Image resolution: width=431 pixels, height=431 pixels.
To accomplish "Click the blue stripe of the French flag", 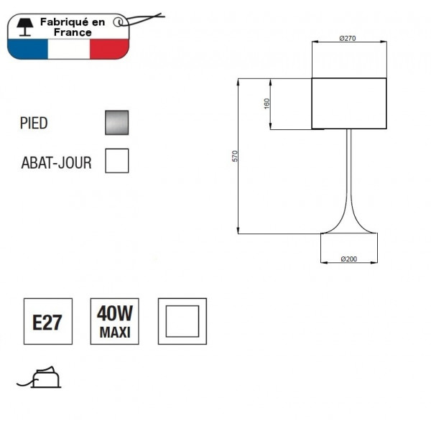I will pos(27,49).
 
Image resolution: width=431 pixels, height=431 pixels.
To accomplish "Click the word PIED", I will pos(34,124).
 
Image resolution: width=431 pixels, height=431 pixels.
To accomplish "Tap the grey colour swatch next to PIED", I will pos(116,123).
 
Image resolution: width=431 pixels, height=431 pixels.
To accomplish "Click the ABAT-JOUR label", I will pos(56,163).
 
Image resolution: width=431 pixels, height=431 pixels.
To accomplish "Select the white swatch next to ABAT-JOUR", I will pos(116,161).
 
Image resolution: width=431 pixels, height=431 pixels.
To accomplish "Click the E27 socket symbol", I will pos(47,321).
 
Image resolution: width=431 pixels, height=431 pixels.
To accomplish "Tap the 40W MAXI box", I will pos(115,321).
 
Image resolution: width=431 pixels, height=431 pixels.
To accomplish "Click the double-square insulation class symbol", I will pos(182,321).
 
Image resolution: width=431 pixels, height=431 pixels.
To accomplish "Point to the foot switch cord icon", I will pos(42,376).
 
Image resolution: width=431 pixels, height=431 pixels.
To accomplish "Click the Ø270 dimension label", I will pos(348,38).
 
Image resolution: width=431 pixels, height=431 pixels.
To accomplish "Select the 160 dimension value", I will pos(266,104).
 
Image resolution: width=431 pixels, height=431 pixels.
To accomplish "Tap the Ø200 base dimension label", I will pos(348,259).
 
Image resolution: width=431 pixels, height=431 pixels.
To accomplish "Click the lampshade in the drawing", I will pos(349,104).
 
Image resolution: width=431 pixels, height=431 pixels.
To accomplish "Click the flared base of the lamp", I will pos(348,226).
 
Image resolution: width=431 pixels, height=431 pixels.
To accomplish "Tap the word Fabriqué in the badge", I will pos(65,23).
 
